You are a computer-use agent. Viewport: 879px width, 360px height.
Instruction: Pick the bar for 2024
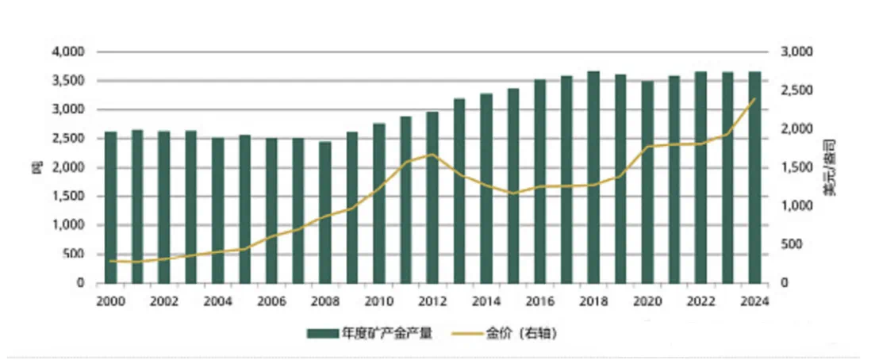pos(754,178)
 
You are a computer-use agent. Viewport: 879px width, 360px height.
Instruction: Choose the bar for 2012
pos(432,197)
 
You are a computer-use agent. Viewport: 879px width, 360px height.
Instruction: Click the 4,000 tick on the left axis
pos(70,52)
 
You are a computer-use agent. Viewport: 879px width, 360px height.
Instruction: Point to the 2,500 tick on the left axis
pos(70,139)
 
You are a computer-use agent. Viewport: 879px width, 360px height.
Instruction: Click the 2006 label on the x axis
pos(272,301)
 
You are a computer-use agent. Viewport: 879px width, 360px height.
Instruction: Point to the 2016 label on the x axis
pos(540,301)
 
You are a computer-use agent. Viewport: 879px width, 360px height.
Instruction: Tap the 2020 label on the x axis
pos(647,301)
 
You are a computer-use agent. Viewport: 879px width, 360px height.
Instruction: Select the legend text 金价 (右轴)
pos(524,334)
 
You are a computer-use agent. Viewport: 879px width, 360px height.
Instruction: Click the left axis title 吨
pos(35,167)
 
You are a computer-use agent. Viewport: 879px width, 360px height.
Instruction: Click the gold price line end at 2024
pos(754,98)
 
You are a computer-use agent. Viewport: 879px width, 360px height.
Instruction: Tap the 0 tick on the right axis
pos(785,283)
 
